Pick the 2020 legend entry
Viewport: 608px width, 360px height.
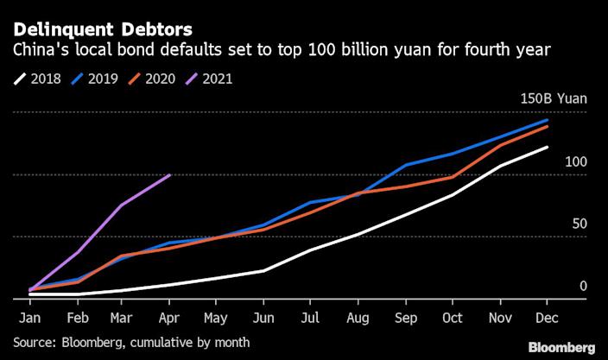tap(157, 79)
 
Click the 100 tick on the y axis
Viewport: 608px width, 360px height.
tap(576, 162)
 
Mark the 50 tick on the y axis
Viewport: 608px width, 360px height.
tap(579, 224)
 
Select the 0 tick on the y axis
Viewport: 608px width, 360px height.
tap(583, 286)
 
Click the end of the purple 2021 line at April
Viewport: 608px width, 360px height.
tap(170, 174)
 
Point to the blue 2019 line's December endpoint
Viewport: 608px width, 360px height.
tap(546, 120)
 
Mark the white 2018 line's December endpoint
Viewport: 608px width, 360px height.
tap(546, 148)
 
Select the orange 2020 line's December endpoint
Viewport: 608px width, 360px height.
tap(546, 126)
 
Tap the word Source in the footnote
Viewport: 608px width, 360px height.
tap(32, 343)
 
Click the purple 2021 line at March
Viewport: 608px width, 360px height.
tap(123, 205)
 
